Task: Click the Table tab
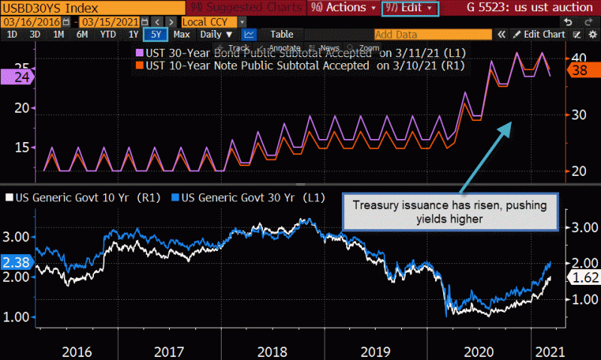pyautogui.click(x=282, y=35)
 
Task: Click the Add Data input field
pyautogui.click(x=433, y=35)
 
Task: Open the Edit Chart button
pyautogui.click(x=539, y=35)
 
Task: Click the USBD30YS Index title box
pyautogui.click(x=36, y=8)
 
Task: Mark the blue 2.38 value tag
pyautogui.click(x=15, y=263)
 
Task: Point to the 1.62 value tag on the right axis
pyautogui.click(x=581, y=278)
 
